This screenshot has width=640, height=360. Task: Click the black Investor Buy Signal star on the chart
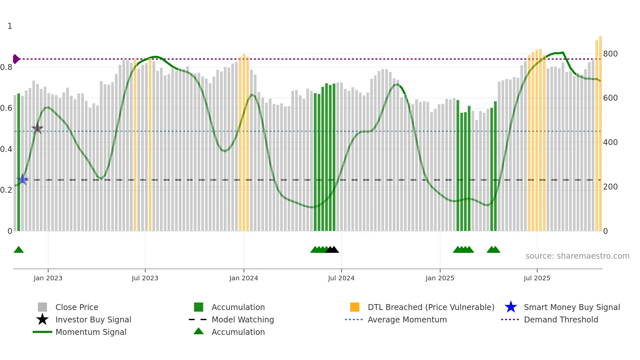(x=38, y=128)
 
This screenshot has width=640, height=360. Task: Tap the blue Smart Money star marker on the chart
(x=23, y=179)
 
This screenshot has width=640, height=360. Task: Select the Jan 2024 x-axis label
(x=244, y=278)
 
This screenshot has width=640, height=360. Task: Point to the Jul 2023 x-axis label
(x=145, y=278)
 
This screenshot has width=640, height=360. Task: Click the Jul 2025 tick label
(x=537, y=278)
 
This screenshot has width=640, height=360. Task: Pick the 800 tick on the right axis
(x=610, y=54)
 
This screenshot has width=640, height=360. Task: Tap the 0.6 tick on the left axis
(x=6, y=108)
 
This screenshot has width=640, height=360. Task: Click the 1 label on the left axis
(x=10, y=26)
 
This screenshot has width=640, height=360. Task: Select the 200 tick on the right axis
(x=610, y=187)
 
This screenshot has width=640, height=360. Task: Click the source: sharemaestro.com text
(x=577, y=256)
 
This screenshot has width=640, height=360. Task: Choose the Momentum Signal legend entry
(x=91, y=332)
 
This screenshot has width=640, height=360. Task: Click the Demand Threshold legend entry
(x=561, y=319)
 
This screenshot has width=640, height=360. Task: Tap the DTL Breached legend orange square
(x=355, y=307)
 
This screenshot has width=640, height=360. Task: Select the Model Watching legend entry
(x=242, y=319)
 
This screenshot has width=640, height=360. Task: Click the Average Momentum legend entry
(x=407, y=319)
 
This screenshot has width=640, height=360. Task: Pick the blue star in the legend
(x=511, y=307)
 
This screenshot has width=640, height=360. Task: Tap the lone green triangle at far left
(x=19, y=250)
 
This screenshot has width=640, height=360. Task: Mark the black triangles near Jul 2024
(x=332, y=250)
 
